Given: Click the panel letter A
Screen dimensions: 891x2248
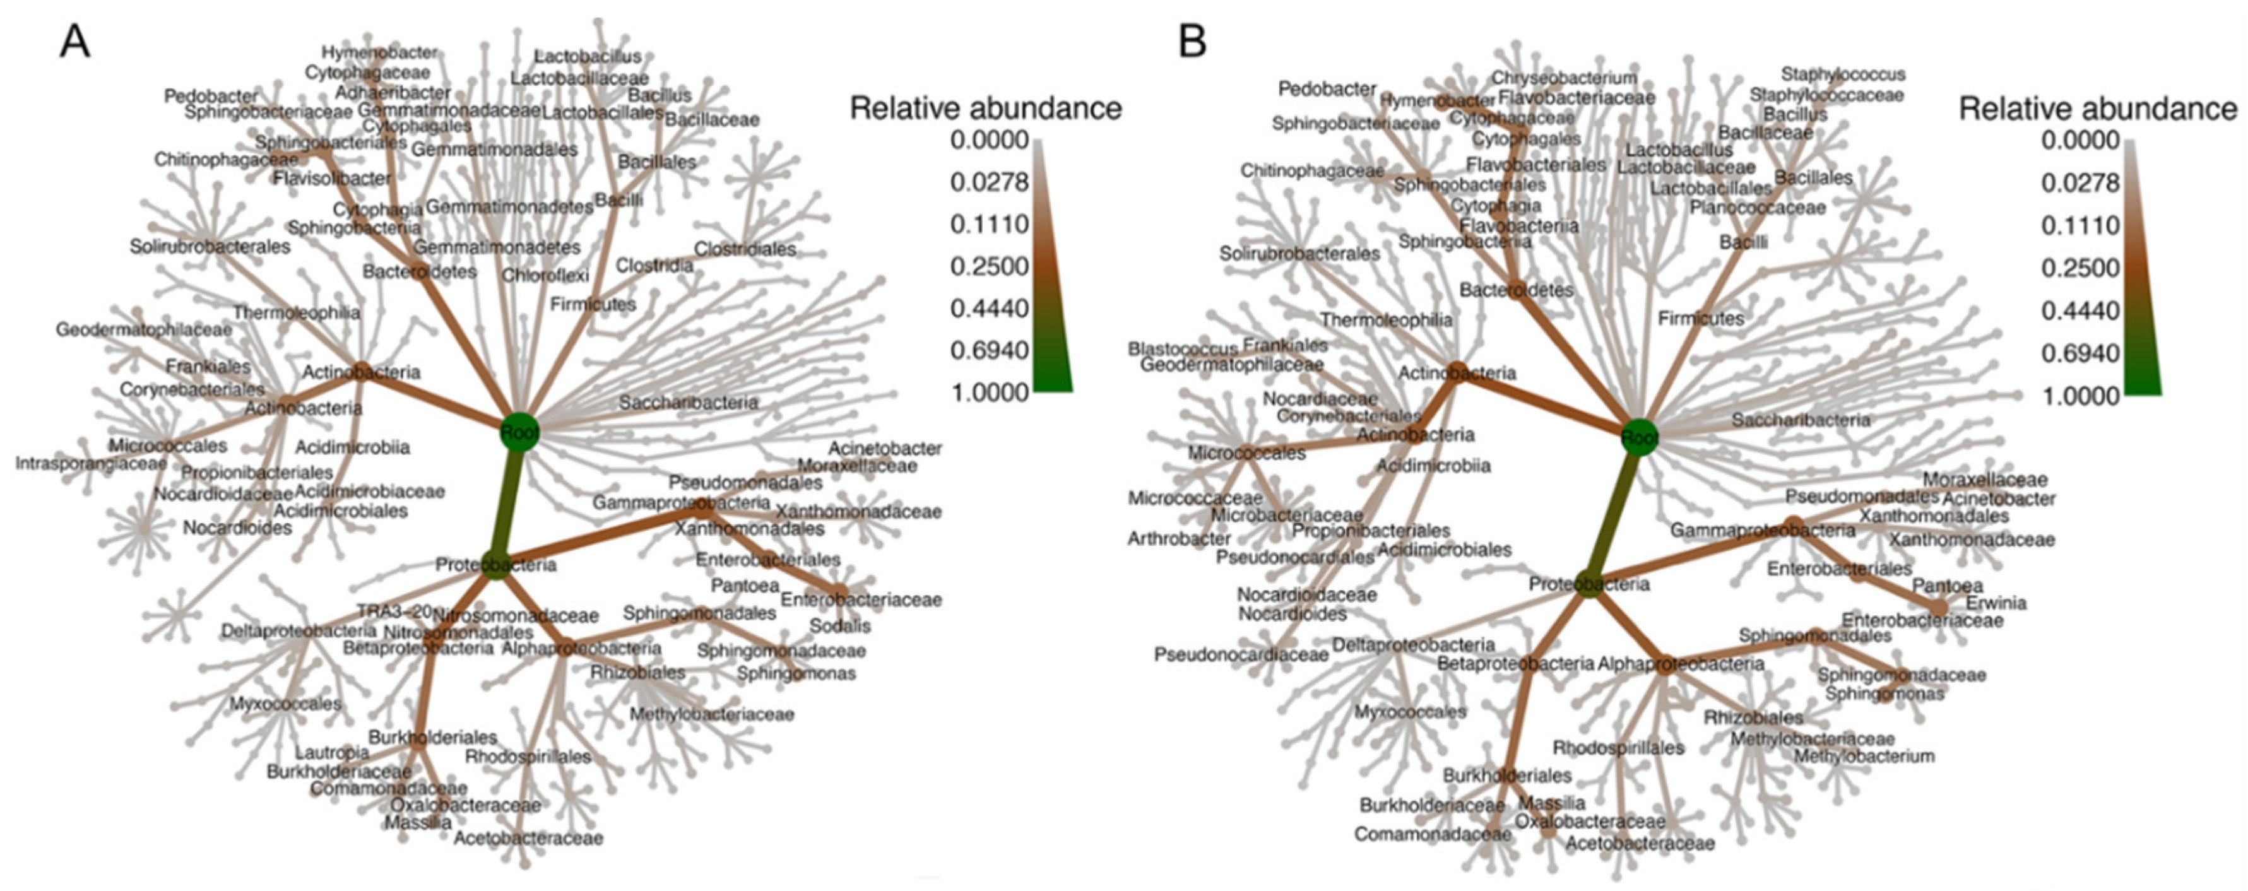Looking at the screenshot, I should pyautogui.click(x=75, y=41).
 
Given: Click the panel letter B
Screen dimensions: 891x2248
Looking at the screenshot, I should pyautogui.click(x=1192, y=41).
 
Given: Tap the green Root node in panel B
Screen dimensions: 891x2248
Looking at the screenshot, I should pyautogui.click(x=1639, y=437).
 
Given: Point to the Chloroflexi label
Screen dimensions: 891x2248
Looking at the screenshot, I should pyautogui.click(x=545, y=276).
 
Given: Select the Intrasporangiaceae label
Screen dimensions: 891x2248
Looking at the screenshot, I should pyautogui.click(x=91, y=463).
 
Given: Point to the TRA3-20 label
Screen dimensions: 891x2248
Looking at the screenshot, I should pyautogui.click(x=394, y=611).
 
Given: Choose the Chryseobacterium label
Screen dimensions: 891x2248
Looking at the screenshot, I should pyautogui.click(x=1563, y=78).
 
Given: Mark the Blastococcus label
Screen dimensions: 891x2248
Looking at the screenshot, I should pyautogui.click(x=1183, y=348).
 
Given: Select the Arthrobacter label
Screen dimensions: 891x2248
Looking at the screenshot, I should pyautogui.click(x=1179, y=538).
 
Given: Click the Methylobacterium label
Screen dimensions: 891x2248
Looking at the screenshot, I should pyautogui.click(x=1864, y=756).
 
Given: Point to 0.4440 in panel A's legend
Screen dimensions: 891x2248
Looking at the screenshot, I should pyautogui.click(x=990, y=308).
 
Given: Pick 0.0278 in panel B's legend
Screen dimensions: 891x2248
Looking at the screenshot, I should pyautogui.click(x=2081, y=183).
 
